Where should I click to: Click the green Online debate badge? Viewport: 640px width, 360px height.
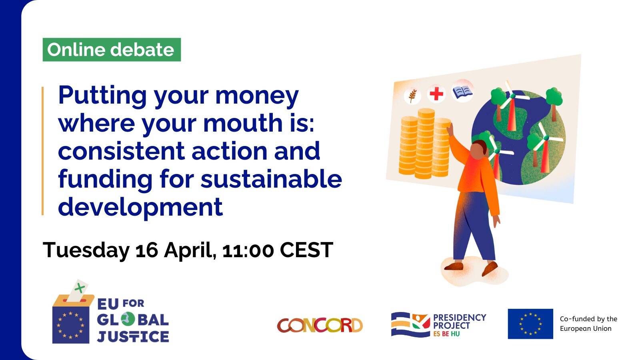pyautogui.click(x=112, y=50)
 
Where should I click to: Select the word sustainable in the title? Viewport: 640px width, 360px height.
pyautogui.click(x=271, y=179)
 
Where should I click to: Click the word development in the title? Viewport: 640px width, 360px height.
pyautogui.click(x=140, y=208)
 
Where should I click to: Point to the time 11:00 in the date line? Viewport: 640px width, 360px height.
pyautogui.click(x=248, y=250)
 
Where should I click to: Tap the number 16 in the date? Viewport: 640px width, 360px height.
pyautogui.click(x=146, y=250)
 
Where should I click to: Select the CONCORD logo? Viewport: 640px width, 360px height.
pyautogui.click(x=320, y=326)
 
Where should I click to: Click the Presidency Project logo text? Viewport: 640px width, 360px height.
pyautogui.click(x=460, y=325)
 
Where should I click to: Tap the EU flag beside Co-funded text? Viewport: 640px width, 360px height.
pyautogui.click(x=530, y=324)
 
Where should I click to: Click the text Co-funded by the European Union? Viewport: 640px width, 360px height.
pyautogui.click(x=588, y=324)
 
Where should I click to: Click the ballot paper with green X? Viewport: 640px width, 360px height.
pyautogui.click(x=77, y=291)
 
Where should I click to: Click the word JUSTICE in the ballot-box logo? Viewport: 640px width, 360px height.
pyautogui.click(x=133, y=336)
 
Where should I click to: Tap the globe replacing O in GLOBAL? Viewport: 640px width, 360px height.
pyautogui.click(x=128, y=320)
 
